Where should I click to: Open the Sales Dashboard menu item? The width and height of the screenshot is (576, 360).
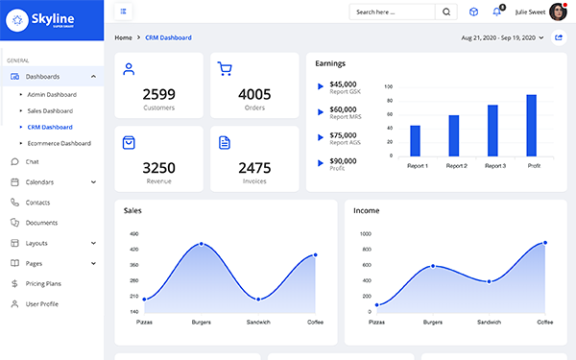[x=51, y=110]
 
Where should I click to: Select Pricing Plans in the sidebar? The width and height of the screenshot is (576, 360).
[x=43, y=283]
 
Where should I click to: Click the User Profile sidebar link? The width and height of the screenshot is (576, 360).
[x=41, y=303]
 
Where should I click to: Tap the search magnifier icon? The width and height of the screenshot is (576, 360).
[x=446, y=12]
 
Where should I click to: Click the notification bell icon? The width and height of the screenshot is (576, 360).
[x=497, y=12]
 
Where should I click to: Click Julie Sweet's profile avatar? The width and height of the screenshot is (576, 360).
[x=556, y=12]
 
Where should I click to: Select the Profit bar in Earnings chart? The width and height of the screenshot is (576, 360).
[x=531, y=125]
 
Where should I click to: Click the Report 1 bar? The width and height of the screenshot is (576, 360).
[x=416, y=140]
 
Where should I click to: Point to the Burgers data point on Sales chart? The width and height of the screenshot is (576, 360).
[x=201, y=244]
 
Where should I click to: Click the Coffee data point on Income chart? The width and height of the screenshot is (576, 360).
[x=545, y=243]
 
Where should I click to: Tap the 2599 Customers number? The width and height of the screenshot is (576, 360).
[x=158, y=94]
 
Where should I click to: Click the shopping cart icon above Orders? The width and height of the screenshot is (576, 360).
[x=225, y=68]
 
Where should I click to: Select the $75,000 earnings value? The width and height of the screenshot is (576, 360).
[x=343, y=135]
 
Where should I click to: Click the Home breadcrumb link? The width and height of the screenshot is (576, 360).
[x=123, y=37]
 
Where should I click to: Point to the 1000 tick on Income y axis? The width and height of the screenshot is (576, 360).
[x=365, y=233]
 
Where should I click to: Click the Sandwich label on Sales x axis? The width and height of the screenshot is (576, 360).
[x=257, y=322]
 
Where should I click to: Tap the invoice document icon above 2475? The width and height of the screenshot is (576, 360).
[x=225, y=142]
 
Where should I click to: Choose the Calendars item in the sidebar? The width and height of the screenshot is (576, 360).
[x=39, y=181]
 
